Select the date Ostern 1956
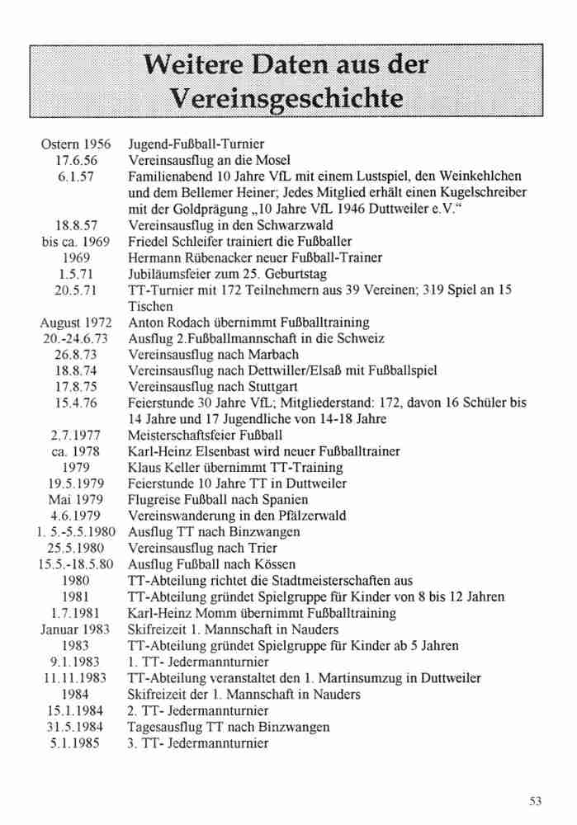click(x=76, y=145)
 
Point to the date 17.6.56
click(x=76, y=161)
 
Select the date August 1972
click(x=76, y=323)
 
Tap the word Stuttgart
click(x=258, y=387)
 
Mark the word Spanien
click(x=284, y=500)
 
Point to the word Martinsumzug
click(x=374, y=678)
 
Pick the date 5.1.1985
click(x=76, y=742)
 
